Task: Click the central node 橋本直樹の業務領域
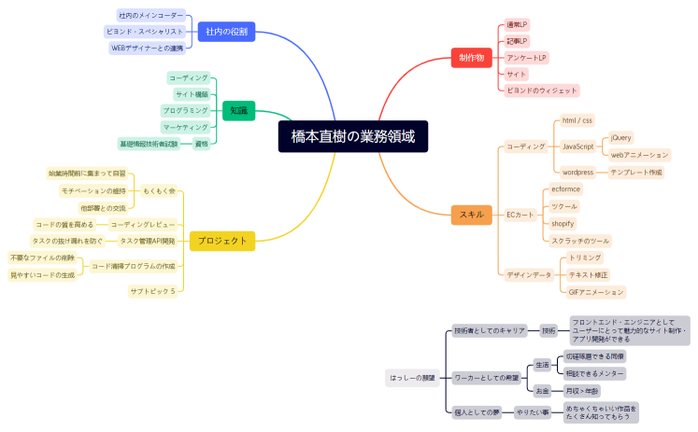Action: (352, 136)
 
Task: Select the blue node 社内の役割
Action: (226, 31)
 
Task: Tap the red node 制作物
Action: (471, 58)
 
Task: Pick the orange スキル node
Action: (471, 215)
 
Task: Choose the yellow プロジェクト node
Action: (222, 241)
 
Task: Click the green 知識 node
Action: (238, 111)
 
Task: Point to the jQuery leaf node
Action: (621, 137)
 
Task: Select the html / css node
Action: (577, 120)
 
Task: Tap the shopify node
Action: (563, 223)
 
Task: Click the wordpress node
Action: (578, 172)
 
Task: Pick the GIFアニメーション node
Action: (595, 292)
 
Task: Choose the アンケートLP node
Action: (527, 58)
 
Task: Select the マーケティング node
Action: (185, 127)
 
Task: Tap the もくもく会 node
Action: (159, 190)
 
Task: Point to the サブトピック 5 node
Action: (152, 291)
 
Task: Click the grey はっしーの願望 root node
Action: (411, 378)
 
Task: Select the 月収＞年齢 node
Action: (583, 390)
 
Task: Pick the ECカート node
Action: (520, 215)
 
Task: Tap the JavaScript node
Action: (577, 146)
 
